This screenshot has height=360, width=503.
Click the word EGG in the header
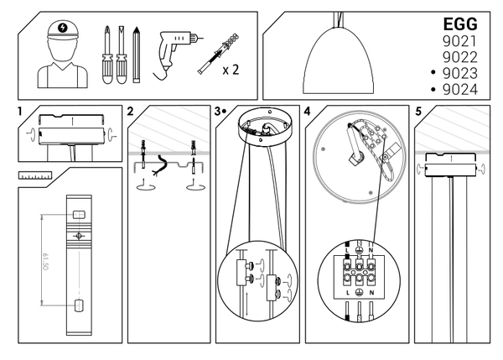tap(459, 25)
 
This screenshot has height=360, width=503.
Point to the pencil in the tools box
tap(135, 55)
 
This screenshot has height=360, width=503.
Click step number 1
tap(18, 111)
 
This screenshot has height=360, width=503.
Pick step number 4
tap(309, 111)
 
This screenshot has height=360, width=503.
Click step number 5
tap(418, 111)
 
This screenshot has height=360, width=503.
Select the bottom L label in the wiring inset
tap(347, 294)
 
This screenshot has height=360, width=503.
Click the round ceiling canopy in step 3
tap(264, 130)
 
